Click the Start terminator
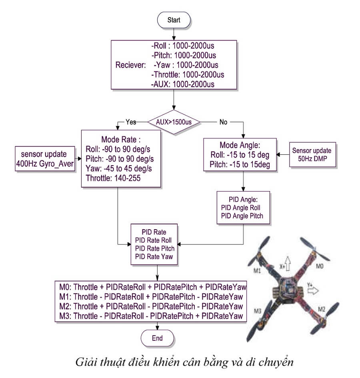[x=174, y=20]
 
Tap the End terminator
[x=157, y=338]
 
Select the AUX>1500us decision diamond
[x=174, y=122]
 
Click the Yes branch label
[x=131, y=122]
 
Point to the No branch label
[x=223, y=122]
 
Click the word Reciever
[x=130, y=65]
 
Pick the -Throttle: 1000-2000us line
[x=188, y=74]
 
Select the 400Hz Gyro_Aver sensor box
[x=45, y=159]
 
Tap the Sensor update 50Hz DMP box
[x=312, y=154]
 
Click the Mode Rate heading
[x=121, y=139]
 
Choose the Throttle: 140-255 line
[x=113, y=178]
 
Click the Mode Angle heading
[x=240, y=145]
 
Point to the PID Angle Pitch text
[x=242, y=216]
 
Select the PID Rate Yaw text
[x=154, y=256]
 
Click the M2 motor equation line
[x=151, y=306]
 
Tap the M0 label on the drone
[x=320, y=266]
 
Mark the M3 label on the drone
[x=257, y=311]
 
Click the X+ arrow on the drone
[x=287, y=263]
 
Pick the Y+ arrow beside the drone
[x=313, y=291]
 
